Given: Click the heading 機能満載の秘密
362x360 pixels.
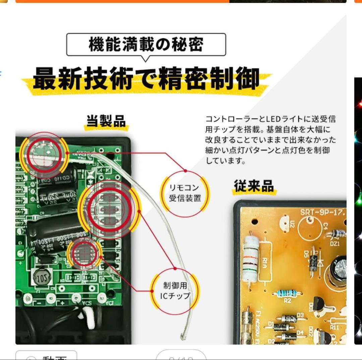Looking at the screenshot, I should tap(146, 45).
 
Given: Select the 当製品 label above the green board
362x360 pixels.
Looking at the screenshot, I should tap(106, 121).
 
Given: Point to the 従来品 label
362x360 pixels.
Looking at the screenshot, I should tap(254, 186).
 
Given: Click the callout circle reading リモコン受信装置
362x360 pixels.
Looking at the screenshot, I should tap(185, 193).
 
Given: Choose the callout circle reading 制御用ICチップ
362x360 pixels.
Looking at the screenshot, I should tap(175, 290).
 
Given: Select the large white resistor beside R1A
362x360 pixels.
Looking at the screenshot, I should tap(251, 256).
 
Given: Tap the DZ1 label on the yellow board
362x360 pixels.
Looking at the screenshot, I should tap(335, 244).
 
